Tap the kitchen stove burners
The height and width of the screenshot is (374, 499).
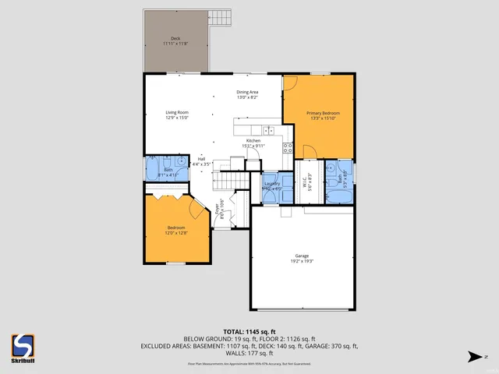pos(287,146)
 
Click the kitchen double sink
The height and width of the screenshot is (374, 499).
pos(267,130)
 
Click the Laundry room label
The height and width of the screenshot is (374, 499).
pos(271,185)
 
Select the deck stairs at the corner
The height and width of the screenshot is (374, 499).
pos(222,18)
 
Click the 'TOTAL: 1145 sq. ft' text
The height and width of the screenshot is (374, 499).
pos(249,332)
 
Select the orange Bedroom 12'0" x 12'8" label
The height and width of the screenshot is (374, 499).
pos(176,230)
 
